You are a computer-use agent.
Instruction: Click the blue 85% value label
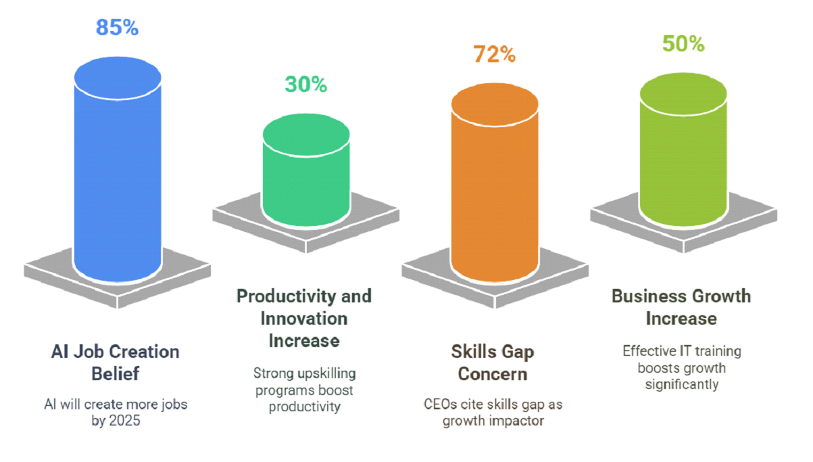[117, 28]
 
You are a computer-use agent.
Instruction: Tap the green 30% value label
[305, 85]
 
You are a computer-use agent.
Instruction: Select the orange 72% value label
[494, 55]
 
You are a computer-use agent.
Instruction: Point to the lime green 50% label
[683, 44]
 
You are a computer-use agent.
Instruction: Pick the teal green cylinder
[305, 183]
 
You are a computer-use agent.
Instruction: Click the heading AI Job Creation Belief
[116, 362]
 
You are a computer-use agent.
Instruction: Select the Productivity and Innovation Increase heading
[304, 318]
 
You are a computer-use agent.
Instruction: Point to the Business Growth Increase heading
[681, 306]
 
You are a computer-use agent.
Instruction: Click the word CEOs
[439, 405]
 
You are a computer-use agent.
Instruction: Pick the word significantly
[681, 385]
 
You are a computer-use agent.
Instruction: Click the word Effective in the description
[651, 351]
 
